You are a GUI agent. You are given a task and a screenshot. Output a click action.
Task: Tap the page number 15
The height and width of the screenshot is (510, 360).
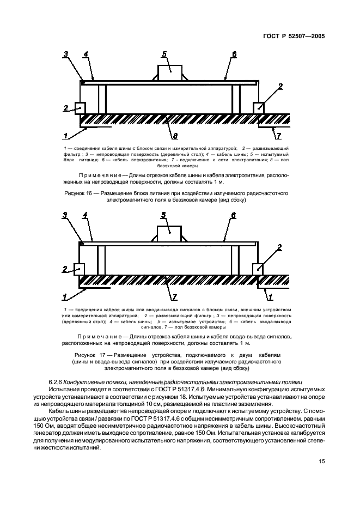322,462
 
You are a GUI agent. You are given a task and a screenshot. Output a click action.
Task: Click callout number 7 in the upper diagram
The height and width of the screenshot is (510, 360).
278,135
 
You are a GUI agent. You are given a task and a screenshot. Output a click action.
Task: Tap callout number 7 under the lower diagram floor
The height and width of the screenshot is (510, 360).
174,297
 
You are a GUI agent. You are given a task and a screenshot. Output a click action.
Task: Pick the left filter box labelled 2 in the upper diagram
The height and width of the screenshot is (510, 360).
80,108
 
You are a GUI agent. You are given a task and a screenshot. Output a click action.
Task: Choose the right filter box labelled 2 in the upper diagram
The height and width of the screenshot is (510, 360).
259,108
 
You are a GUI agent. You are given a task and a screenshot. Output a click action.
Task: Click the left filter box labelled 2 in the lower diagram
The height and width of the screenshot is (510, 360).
80,269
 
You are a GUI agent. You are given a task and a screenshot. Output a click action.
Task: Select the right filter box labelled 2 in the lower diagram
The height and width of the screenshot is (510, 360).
258,269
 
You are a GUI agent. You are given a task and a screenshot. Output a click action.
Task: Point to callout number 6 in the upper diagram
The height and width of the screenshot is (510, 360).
234,54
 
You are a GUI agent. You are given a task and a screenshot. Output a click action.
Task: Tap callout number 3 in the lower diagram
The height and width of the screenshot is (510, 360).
65,215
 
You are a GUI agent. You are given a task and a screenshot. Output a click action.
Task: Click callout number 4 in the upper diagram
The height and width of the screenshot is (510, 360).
86,54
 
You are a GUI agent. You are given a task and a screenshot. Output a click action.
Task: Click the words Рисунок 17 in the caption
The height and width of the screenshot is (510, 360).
88,354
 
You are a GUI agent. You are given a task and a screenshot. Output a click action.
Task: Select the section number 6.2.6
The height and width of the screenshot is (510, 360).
57,381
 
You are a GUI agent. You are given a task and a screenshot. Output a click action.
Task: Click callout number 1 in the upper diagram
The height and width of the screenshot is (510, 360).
65,135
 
